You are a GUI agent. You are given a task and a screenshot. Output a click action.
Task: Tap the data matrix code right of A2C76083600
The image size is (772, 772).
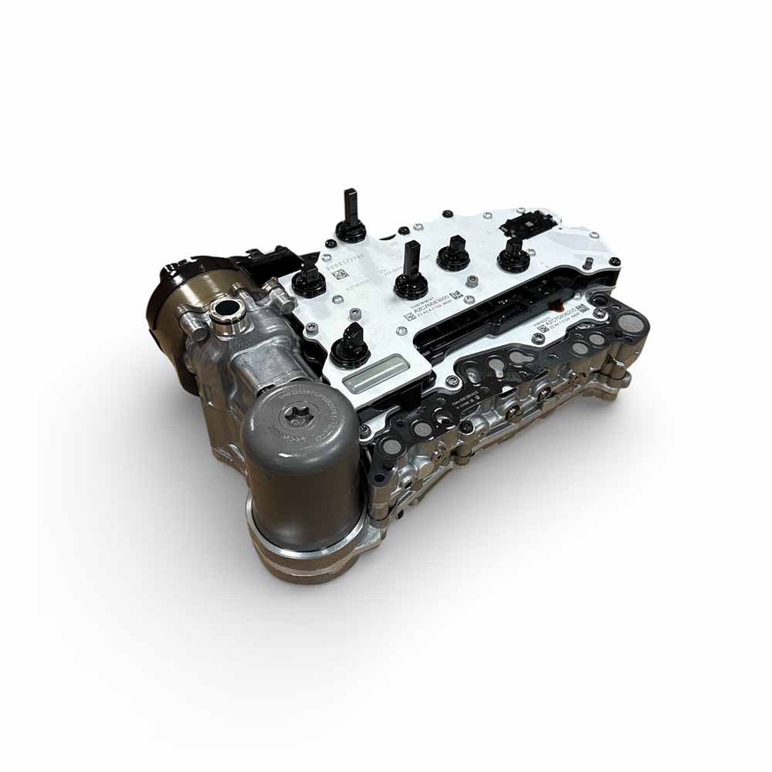point(456,295)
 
